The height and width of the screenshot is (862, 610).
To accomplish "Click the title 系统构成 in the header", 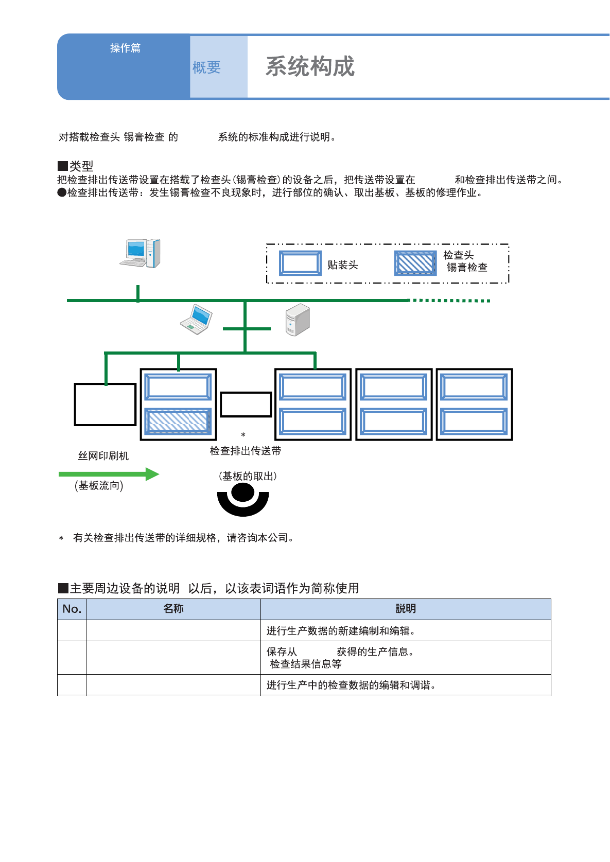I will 310,67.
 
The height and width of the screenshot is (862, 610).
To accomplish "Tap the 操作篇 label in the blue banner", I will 125,48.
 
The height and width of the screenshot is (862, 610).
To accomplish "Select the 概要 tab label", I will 206,67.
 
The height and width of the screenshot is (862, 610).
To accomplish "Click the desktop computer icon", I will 141,253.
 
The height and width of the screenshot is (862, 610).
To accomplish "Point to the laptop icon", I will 197,319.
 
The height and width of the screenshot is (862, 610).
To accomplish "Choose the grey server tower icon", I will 298,320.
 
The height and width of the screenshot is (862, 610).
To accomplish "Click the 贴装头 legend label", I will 342,265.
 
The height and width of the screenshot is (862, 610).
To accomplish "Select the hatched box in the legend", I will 415,263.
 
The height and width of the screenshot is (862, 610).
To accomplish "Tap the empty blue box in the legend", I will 300,263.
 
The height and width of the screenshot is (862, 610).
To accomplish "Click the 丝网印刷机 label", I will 103,456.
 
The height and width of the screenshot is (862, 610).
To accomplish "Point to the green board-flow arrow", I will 109,474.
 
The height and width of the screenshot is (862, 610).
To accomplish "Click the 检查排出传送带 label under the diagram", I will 246,451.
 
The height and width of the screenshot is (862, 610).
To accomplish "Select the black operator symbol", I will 243,500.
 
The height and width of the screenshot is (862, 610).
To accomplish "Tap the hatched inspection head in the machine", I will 178,421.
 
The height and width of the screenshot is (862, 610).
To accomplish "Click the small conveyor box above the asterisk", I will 246,404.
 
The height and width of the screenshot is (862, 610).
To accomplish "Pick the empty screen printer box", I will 105,404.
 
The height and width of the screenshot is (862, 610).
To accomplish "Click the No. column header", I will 72,609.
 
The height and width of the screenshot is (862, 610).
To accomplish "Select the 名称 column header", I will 173,609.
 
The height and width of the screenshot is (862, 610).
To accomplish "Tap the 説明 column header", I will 406,609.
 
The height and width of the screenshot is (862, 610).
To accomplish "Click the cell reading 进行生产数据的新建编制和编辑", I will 341,631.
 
